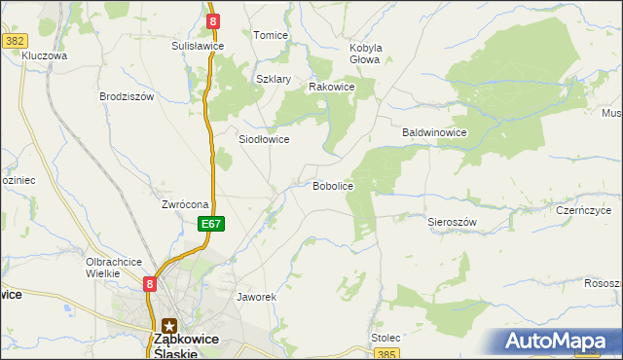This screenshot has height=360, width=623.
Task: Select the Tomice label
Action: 271,35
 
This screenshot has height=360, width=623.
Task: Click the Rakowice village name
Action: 331,87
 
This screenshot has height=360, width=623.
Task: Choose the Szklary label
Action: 274,79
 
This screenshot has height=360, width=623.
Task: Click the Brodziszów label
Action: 127,96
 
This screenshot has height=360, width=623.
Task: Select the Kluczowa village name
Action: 44,56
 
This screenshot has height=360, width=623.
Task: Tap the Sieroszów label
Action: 452,222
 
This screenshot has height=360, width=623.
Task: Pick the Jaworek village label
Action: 257,296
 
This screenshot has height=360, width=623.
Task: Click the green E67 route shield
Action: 213,224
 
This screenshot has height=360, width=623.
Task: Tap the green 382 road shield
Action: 14,41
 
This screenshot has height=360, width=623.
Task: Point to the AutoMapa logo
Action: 559,342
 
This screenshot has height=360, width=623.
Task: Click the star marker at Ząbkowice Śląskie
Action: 169,327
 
